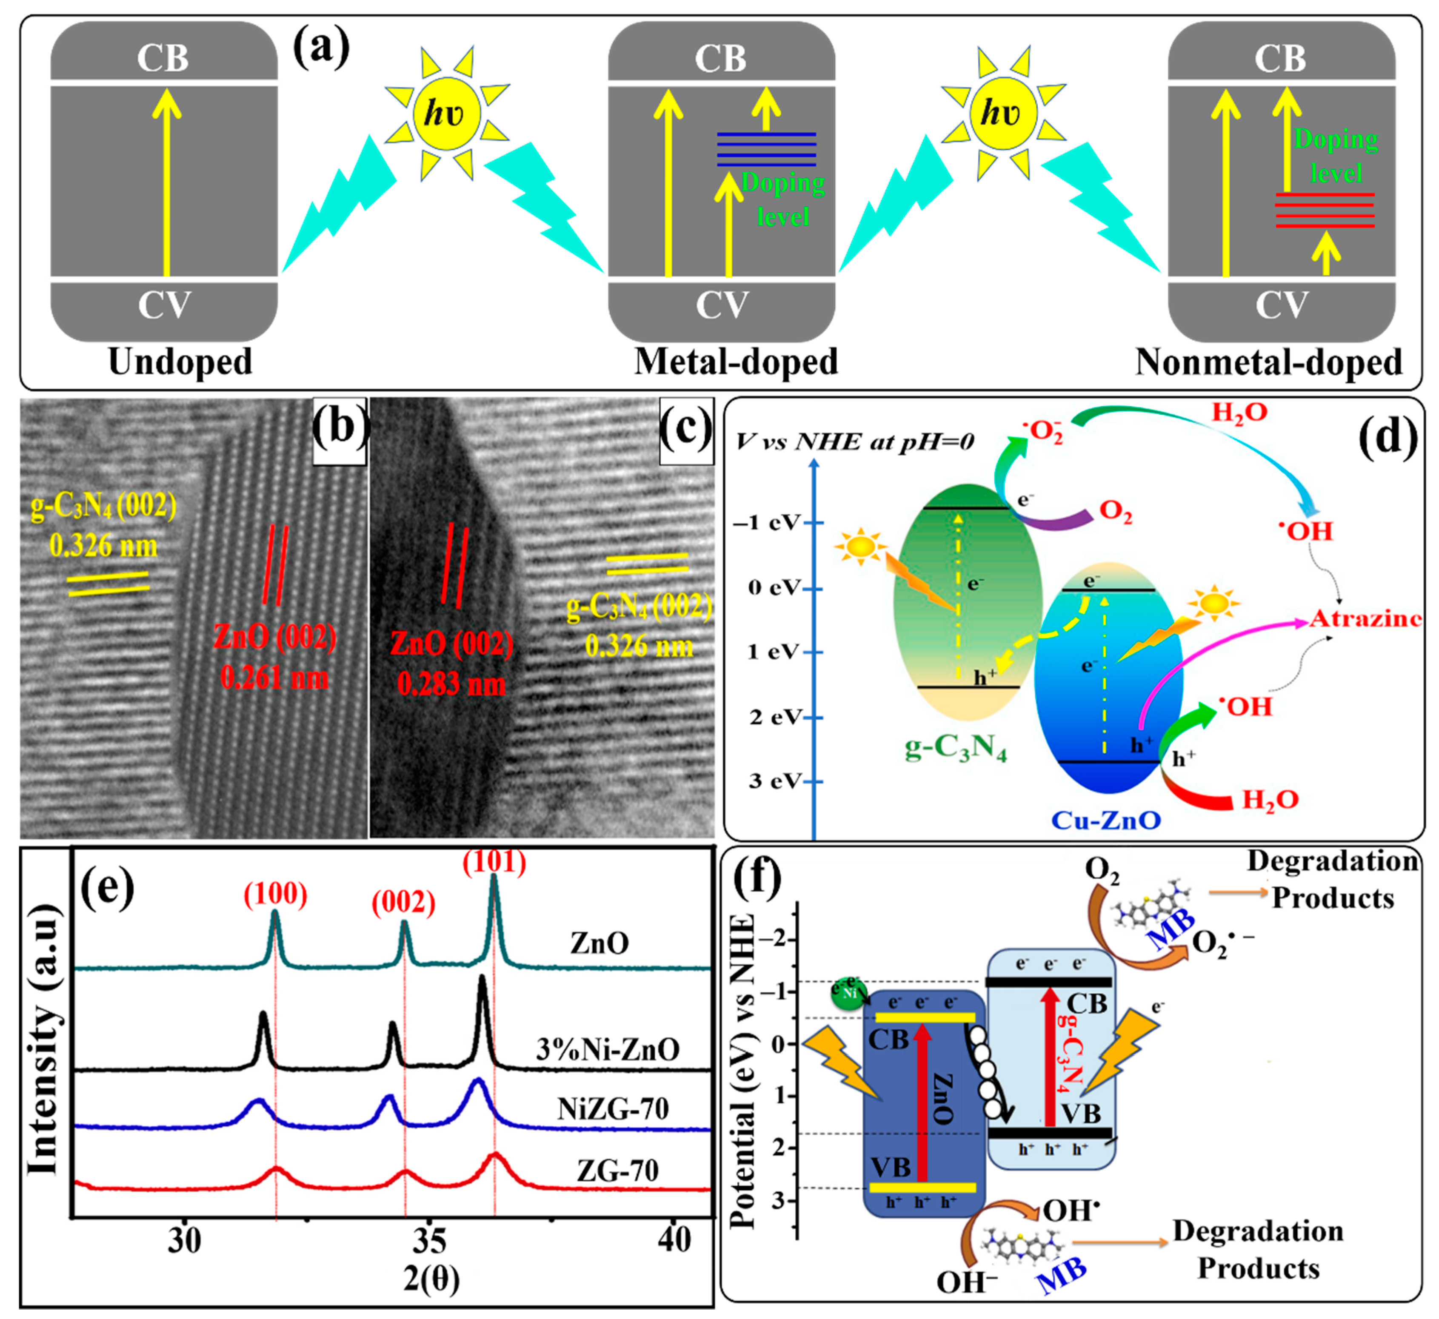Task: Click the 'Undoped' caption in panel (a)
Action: tap(180, 362)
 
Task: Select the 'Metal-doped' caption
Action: tap(736, 362)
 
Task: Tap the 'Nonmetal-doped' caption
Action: tap(1268, 362)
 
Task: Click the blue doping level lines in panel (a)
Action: tap(766, 149)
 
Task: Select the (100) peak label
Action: tap(276, 895)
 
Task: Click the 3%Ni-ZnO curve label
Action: tap(608, 1050)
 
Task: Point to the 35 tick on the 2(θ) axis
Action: tap(429, 1241)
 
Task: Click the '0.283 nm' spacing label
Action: tap(451, 684)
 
